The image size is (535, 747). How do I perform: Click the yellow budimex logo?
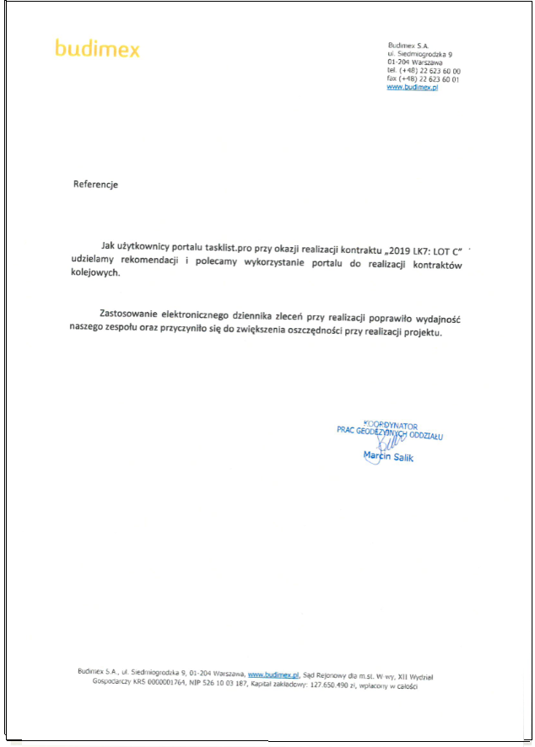(97, 48)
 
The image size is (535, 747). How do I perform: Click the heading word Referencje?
(95, 185)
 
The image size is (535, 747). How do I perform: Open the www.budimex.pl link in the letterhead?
(412, 88)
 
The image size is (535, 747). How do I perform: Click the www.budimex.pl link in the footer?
(274, 675)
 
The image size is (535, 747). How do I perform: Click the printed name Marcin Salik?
(388, 456)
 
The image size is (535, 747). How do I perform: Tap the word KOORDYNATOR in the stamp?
(390, 427)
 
